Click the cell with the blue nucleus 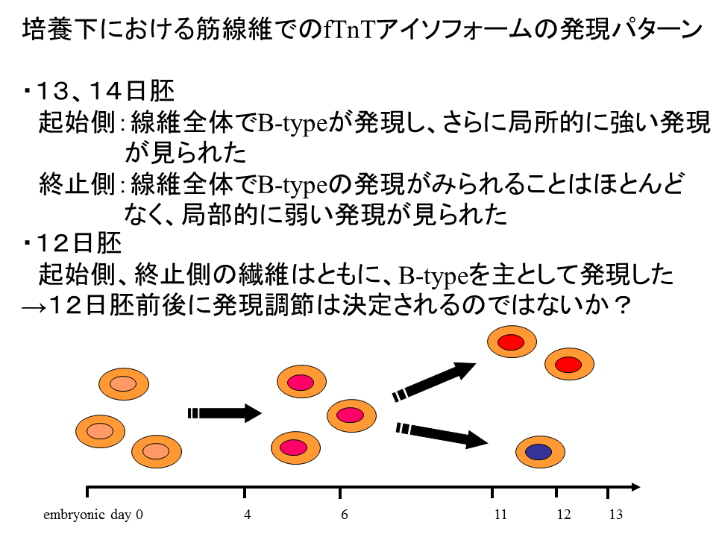(x=540, y=452)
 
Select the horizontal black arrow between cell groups (x=224, y=413)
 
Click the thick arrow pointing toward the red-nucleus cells (x=434, y=382)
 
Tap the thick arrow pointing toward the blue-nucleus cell (x=442, y=435)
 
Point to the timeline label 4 (x=247, y=515)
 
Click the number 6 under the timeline (x=345, y=515)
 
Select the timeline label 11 (x=500, y=515)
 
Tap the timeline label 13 (x=615, y=515)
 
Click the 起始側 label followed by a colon (x=77, y=122)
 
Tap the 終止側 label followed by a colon (x=77, y=184)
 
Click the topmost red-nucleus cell (x=512, y=342)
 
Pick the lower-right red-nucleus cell (x=569, y=364)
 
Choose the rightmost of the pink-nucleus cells (x=351, y=415)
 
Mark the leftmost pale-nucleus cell (x=100, y=431)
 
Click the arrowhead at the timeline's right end (x=635, y=487)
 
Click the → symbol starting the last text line (x=34, y=307)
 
